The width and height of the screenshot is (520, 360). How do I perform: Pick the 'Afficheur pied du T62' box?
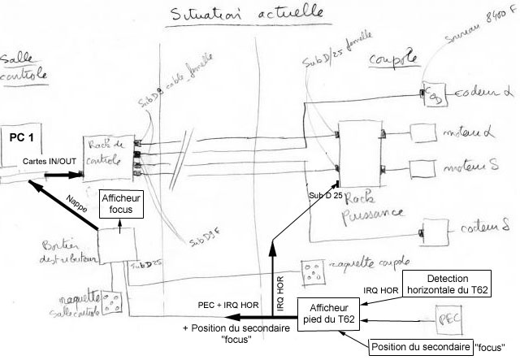(330, 312)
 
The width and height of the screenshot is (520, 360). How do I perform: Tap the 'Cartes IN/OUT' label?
(50, 161)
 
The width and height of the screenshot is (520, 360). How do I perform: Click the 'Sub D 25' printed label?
(326, 196)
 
